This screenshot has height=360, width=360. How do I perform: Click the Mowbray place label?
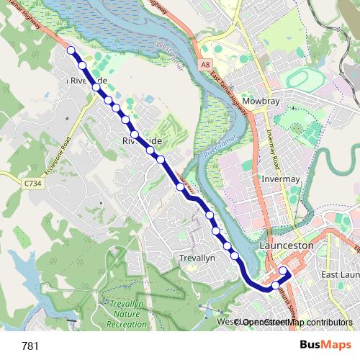click(x=261, y=102)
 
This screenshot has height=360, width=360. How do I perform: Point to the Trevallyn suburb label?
click(x=196, y=258)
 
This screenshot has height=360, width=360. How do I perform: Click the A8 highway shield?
click(x=206, y=64)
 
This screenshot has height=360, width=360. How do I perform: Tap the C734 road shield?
click(x=31, y=184)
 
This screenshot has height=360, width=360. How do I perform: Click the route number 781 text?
click(x=30, y=346)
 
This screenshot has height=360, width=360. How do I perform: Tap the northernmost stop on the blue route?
click(x=71, y=50)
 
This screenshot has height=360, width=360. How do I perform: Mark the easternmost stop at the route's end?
click(x=284, y=272)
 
